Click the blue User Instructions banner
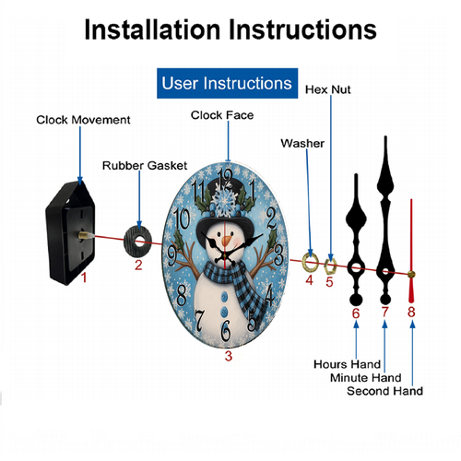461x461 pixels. coord(227,83)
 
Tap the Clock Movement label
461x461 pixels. coord(83,120)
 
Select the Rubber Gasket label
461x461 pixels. coord(145,166)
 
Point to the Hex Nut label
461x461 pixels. coord(327,89)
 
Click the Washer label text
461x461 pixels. coord(302,144)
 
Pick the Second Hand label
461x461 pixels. coord(384,391)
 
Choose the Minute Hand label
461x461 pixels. coord(366,378)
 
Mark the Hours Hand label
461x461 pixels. coord(347,364)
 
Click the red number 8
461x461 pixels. coord(411,312)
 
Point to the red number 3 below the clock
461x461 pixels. coord(229,356)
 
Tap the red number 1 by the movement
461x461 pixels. coord(84,278)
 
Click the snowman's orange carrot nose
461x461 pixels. coord(227,240)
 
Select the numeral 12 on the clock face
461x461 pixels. coord(225,178)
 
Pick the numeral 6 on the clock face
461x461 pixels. coord(226,330)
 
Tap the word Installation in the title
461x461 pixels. coord(152,30)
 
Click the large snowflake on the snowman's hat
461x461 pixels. coord(225,201)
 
